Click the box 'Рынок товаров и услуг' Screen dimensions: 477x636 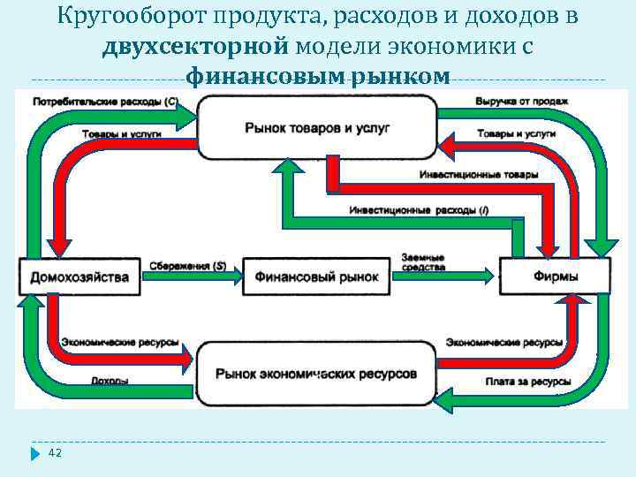(317, 127)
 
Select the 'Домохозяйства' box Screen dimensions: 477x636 (79, 276)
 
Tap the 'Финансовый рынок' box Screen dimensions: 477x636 (316, 276)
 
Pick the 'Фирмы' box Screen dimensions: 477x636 (556, 276)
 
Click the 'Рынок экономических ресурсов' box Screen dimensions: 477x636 (316, 374)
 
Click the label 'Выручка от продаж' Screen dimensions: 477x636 (521, 101)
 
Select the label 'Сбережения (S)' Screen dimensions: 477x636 (187, 265)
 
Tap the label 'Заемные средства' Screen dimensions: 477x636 (422, 262)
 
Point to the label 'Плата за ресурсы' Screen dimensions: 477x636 (527, 382)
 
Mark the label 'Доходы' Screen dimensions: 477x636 (110, 382)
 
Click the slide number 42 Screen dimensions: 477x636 (55, 453)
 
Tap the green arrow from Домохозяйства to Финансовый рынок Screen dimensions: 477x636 (190, 276)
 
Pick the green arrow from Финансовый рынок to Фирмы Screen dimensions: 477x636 (442, 276)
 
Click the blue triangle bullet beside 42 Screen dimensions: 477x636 (35, 454)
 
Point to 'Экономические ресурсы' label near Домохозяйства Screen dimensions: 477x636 (120, 342)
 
